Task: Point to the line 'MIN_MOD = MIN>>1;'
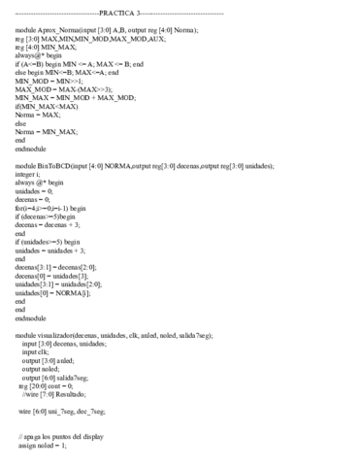point(46,81)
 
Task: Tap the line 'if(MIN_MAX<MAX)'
point(46,106)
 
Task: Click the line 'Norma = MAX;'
point(38,115)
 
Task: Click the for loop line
point(50,207)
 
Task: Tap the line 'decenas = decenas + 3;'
point(50,224)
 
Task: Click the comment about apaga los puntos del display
point(63,436)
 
